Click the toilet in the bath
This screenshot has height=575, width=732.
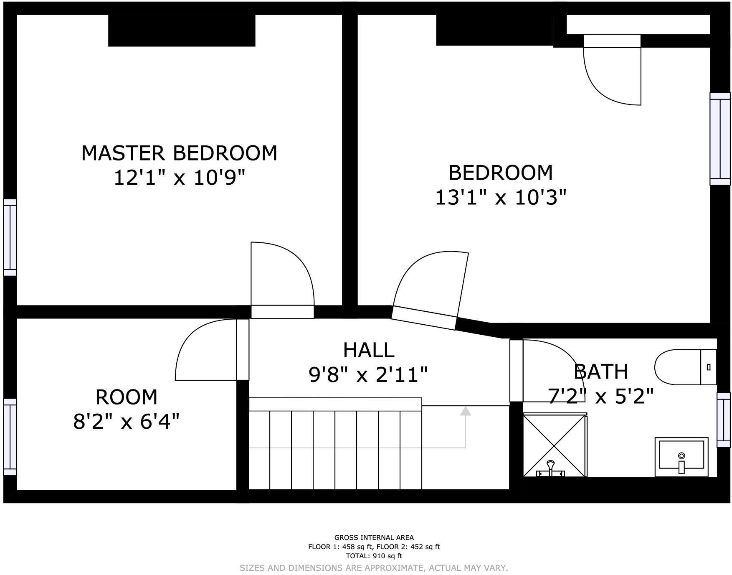coord(685,367)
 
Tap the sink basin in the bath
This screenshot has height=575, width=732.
coord(681,457)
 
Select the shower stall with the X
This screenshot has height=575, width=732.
coord(555,445)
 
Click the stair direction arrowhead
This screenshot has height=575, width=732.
coord(466,411)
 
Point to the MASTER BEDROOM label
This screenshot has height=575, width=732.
coord(179,153)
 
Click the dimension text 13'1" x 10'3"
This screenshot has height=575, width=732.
coord(501,197)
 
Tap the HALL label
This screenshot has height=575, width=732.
coord(369,350)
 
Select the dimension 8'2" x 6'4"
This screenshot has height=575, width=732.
coord(127,421)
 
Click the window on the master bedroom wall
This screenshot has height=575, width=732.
coord(10,237)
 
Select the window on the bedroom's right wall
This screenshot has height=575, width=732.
coord(720,138)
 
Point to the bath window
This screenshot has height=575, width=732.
coord(724,420)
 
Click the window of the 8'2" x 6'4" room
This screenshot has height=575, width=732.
coord(10,437)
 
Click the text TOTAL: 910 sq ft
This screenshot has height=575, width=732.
coord(374,556)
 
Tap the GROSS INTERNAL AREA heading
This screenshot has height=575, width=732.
coord(374,537)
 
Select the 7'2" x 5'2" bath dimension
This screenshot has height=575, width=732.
coord(600,396)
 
